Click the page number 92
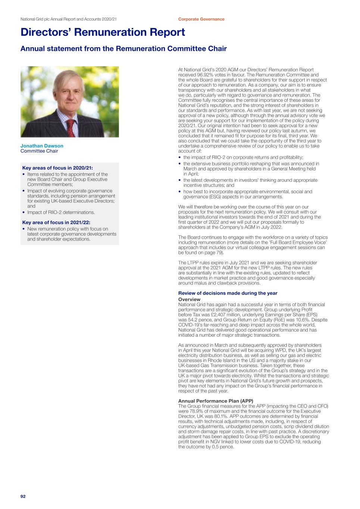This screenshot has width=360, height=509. (23, 496)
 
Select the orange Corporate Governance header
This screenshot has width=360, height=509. (201, 19)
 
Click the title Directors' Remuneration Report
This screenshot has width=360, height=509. (103, 32)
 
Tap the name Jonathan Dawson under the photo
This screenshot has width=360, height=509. (42, 146)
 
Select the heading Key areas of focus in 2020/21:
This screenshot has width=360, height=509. (57, 168)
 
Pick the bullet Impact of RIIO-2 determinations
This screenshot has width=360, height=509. (61, 213)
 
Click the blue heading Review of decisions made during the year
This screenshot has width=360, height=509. (228, 293)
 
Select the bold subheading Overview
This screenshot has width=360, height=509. (189, 299)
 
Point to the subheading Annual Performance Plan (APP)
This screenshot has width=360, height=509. (216, 401)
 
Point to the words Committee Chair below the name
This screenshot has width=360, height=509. (39, 151)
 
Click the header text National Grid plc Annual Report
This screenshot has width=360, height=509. (52, 19)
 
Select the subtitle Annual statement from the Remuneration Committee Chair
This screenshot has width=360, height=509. (123, 49)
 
